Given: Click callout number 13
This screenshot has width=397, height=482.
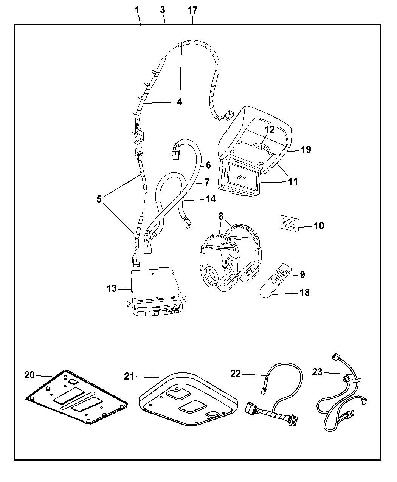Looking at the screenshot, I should coord(112,289).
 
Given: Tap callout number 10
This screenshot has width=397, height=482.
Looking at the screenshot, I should coord(318,226).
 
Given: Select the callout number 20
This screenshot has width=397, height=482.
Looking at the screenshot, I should coord(29,375).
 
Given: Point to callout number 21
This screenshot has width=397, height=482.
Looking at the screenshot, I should coord(129,376).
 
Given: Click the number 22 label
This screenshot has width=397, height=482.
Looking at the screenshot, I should coord(235,374).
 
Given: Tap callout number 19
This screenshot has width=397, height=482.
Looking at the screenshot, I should coord(306,150).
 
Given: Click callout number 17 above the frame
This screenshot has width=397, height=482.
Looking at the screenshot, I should coord(192,10).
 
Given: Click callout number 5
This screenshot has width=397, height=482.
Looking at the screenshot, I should coord(99,199).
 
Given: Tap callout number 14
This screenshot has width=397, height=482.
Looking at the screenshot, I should coord(210,199).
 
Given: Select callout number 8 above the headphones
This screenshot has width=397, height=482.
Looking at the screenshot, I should coord(221,217).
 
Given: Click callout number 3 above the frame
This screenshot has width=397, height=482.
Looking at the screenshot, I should coord(163,10).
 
